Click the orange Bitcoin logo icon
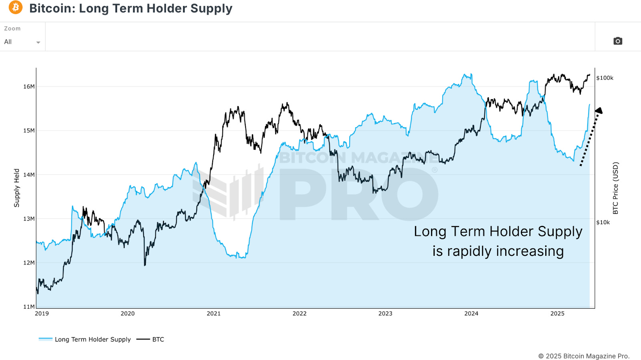pos(16,7)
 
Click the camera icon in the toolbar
pos(617,41)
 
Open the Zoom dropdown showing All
pos(22,42)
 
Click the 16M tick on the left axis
pos(29,86)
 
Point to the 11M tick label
pos(29,307)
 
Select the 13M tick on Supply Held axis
pos(29,219)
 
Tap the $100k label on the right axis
pos(605,78)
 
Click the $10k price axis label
pos(603,222)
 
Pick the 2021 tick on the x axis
pos(214,314)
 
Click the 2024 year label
pos(471,314)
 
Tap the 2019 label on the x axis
pos(42,314)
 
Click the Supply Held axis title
pos(17,188)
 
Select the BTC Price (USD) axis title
pos(616,188)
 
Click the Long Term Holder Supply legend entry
pos(92,339)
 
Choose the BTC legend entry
pos(158,339)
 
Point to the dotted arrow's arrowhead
pos(599,111)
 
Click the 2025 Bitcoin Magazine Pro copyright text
pos(584,356)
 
